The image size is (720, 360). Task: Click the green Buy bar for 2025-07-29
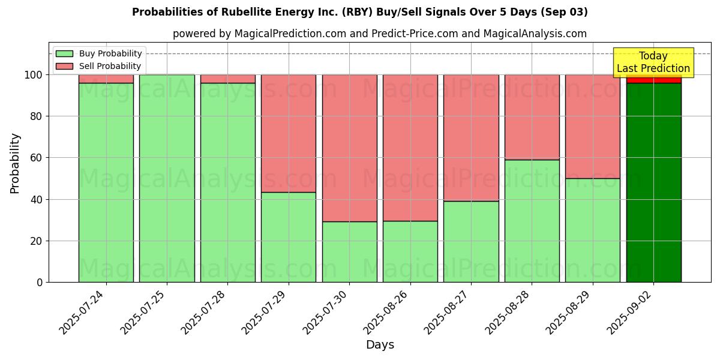(x=289, y=237)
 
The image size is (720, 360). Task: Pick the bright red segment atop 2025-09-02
(x=653, y=80)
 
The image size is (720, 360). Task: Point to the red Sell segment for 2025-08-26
(x=410, y=148)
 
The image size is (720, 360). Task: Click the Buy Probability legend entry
(x=98, y=54)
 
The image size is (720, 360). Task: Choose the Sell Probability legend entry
(x=98, y=66)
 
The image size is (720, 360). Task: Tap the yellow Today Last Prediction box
(x=653, y=62)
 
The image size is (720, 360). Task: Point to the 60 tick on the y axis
(x=37, y=158)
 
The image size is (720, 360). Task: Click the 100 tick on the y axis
(x=34, y=75)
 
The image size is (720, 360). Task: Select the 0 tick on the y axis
(x=40, y=283)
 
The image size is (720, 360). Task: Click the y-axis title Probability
(x=15, y=163)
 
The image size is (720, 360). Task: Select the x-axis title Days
(x=380, y=345)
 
